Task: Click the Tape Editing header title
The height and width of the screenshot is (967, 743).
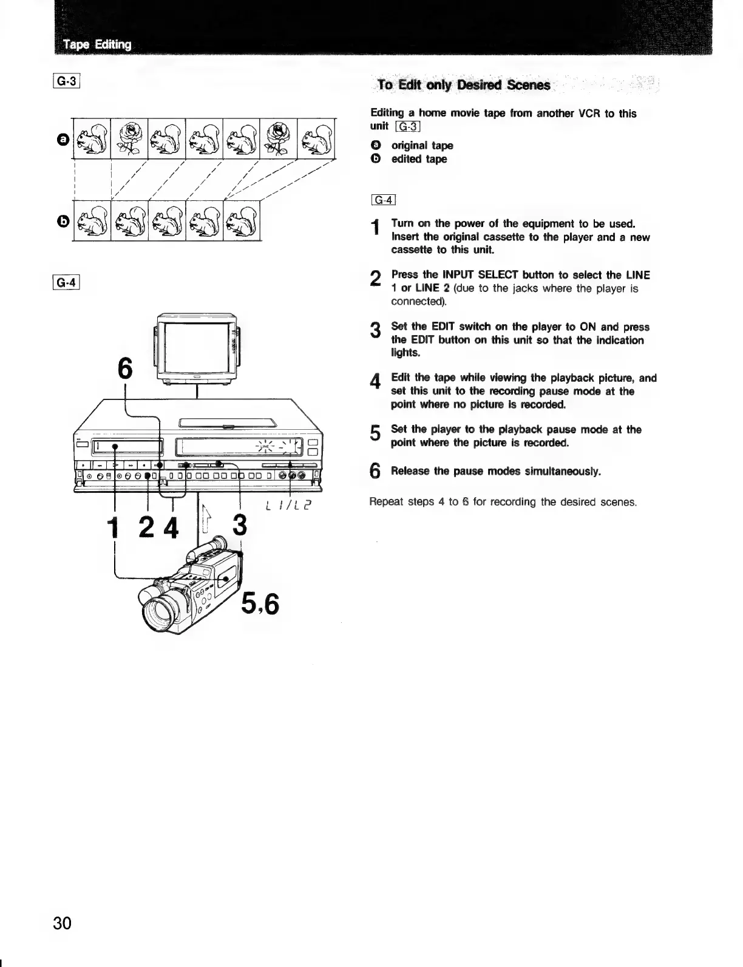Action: [x=97, y=44]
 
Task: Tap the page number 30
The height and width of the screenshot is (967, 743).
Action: [x=62, y=923]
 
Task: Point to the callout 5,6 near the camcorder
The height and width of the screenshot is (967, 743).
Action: [x=260, y=603]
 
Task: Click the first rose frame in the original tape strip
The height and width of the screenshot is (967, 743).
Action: [x=129, y=138]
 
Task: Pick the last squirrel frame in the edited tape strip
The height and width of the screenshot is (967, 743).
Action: [x=242, y=220]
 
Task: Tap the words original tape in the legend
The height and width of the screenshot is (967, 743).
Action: [x=422, y=146]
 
